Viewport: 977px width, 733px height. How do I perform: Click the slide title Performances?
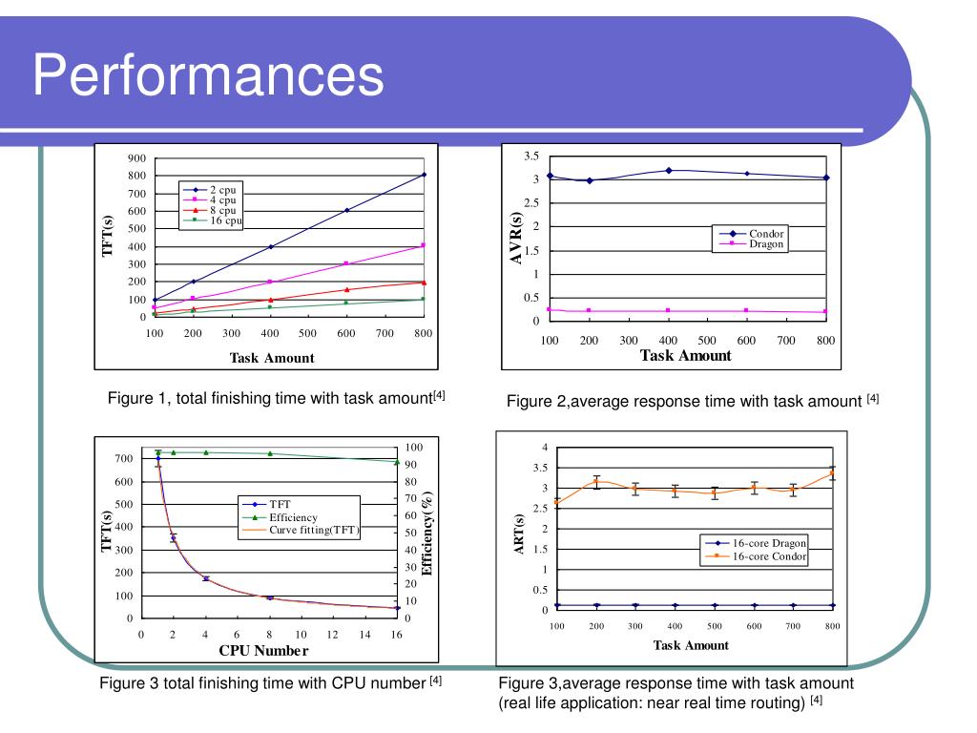(208, 75)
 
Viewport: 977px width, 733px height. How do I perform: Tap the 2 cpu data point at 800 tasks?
(424, 175)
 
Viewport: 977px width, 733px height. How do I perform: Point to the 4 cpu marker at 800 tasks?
(424, 245)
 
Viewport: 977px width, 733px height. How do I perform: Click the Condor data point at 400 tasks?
(669, 171)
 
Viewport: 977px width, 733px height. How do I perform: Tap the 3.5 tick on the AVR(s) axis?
(531, 156)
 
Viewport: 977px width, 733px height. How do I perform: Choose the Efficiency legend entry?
(292, 517)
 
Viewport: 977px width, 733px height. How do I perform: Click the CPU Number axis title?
(263, 651)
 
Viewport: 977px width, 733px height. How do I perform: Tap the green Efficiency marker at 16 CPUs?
(397, 462)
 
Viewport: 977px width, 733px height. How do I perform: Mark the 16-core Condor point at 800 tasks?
(832, 473)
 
